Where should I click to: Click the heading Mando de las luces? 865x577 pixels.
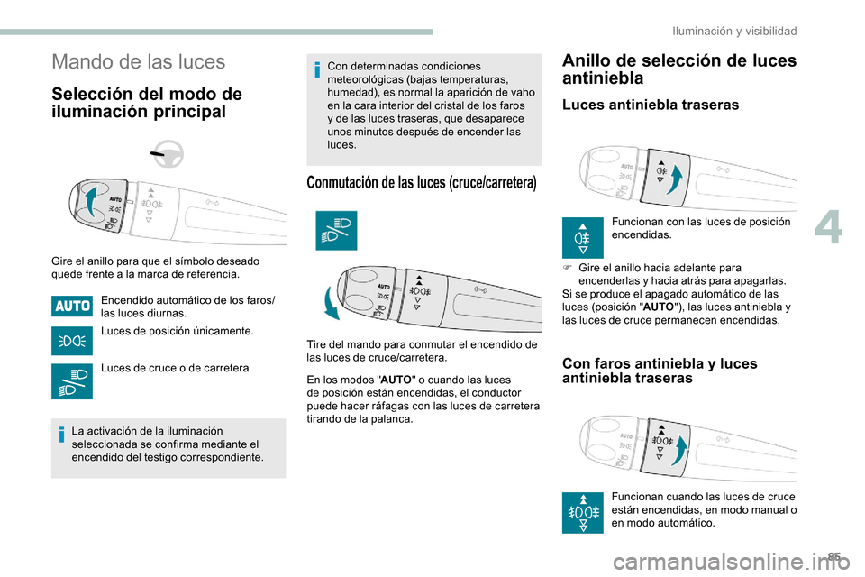point(139,62)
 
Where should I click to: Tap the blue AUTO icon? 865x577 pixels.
point(72,306)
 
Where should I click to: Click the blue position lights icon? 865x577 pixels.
point(72,341)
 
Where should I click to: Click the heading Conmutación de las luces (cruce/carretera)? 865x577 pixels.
point(422,183)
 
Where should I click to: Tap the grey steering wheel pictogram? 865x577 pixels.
point(167,156)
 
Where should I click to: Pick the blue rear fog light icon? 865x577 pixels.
point(583,236)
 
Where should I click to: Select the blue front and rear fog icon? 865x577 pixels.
point(583,512)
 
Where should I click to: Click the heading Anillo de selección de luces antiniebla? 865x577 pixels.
point(678,69)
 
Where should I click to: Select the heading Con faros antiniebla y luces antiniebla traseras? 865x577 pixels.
point(659,371)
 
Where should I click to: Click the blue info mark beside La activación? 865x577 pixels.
point(60,436)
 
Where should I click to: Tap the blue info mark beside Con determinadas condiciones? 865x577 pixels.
point(317,69)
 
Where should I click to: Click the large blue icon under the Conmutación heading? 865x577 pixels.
point(336,230)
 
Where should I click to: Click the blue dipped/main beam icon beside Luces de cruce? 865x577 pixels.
point(72,382)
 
